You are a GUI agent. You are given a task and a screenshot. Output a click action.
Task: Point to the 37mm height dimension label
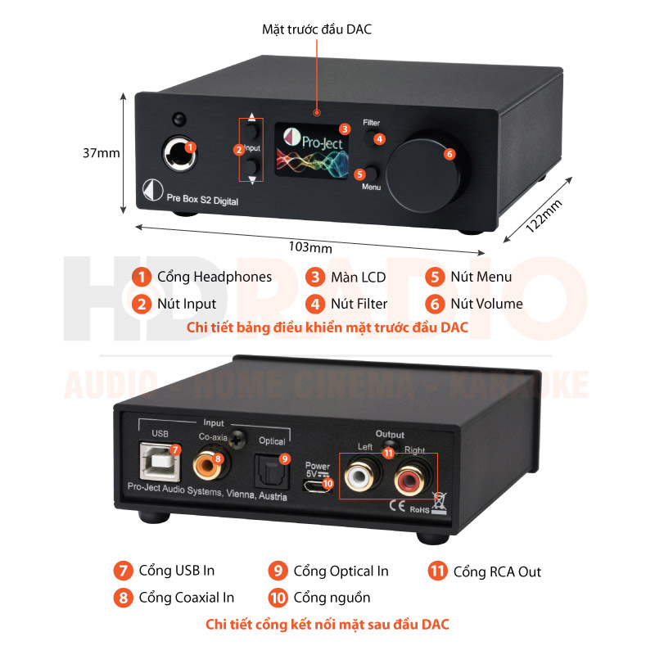(x=101, y=153)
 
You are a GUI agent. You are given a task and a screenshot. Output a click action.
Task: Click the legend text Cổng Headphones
(x=214, y=277)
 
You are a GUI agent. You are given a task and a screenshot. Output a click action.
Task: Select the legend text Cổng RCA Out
(x=497, y=571)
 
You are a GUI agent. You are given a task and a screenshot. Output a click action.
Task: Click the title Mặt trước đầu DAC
(x=317, y=29)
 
